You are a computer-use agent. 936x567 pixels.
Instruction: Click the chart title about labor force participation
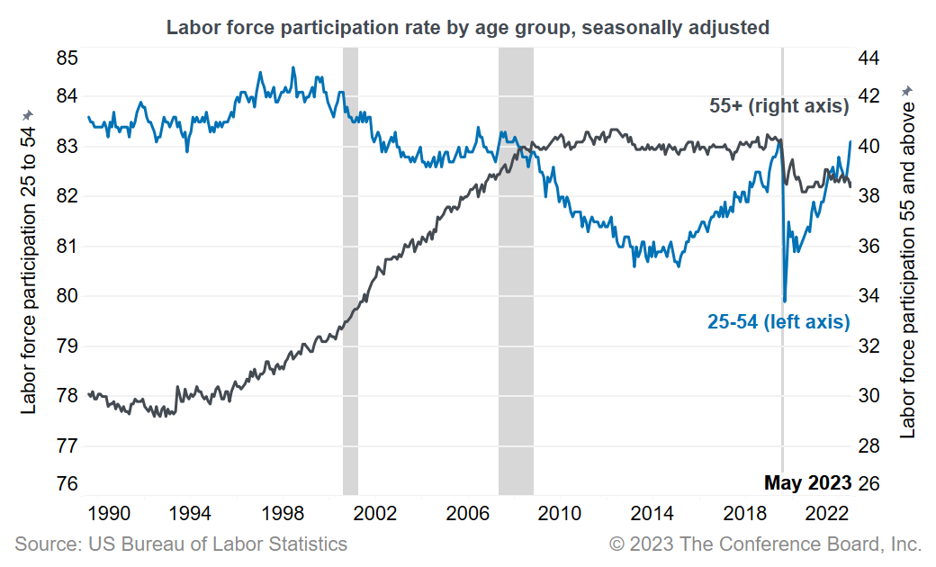click(x=467, y=28)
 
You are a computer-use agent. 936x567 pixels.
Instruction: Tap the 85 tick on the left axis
click(x=67, y=58)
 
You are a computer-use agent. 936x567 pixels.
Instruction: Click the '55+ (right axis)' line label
click(x=779, y=106)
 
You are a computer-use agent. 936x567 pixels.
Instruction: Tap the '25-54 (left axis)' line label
click(x=778, y=321)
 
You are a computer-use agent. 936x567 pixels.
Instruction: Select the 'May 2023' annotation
click(x=807, y=483)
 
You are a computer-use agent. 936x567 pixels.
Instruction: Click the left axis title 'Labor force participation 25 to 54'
click(x=29, y=261)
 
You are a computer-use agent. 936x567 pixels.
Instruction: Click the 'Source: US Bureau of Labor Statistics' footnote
click(x=181, y=544)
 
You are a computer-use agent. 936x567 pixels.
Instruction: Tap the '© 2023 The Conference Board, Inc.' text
click(x=765, y=544)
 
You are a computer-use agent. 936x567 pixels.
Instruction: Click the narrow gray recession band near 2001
click(x=350, y=270)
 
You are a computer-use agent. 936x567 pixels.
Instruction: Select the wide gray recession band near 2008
click(x=516, y=270)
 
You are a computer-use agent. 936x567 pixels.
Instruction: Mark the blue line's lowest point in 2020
click(x=785, y=301)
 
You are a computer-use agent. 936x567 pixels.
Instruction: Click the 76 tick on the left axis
click(x=67, y=483)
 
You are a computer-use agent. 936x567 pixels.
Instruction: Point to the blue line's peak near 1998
click(x=292, y=67)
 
